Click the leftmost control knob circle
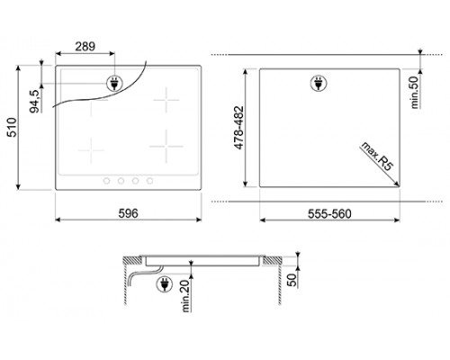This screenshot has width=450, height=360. click(107, 182)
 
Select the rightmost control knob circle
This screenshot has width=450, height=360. click(149, 182)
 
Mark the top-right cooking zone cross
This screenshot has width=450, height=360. click(166, 99)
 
